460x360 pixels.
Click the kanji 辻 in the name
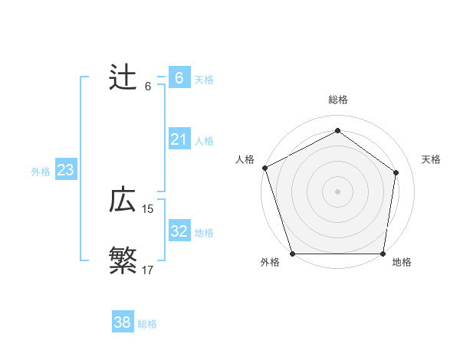pyautogui.click(x=123, y=78)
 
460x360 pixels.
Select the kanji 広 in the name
pyautogui.click(x=123, y=201)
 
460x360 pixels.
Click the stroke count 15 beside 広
pyautogui.click(x=148, y=209)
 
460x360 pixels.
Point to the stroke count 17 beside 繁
pyautogui.click(x=148, y=270)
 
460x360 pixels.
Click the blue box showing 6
pyautogui.click(x=179, y=78)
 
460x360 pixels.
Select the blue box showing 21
pyautogui.click(x=179, y=139)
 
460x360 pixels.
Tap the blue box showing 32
pyautogui.click(x=179, y=231)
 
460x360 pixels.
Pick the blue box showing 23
pyautogui.click(x=65, y=170)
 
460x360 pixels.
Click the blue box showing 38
pyautogui.click(x=122, y=322)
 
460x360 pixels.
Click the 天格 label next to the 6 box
pyautogui.click(x=204, y=79)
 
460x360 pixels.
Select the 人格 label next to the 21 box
pyautogui.click(x=204, y=140)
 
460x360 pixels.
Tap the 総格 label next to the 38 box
pyautogui.click(x=147, y=324)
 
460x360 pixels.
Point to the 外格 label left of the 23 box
pyautogui.click(x=41, y=172)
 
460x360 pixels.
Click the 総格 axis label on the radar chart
pyautogui.click(x=338, y=100)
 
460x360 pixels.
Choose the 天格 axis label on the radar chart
pyautogui.click(x=432, y=159)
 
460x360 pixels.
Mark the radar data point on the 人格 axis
pyautogui.click(x=264, y=168)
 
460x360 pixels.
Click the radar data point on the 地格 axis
pyautogui.click(x=383, y=254)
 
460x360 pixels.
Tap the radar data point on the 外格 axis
pyautogui.click(x=293, y=254)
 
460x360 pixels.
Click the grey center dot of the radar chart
pyautogui.click(x=337, y=191)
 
